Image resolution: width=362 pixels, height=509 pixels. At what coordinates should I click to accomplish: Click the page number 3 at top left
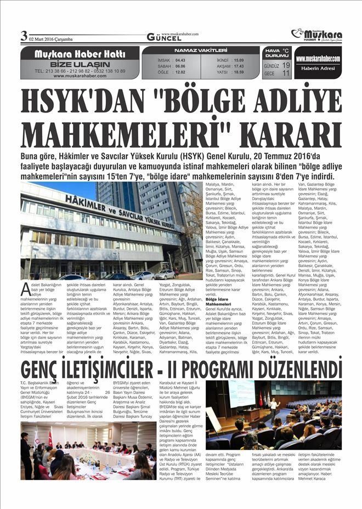point(24,36)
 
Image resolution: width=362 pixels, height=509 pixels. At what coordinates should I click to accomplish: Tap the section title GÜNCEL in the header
point(164,37)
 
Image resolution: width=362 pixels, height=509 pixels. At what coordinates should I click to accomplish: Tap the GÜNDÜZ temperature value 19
point(286,65)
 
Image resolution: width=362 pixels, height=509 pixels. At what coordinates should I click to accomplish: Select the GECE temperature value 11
point(286,73)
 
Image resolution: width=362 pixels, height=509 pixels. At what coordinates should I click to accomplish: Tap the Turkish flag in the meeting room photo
point(50,437)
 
